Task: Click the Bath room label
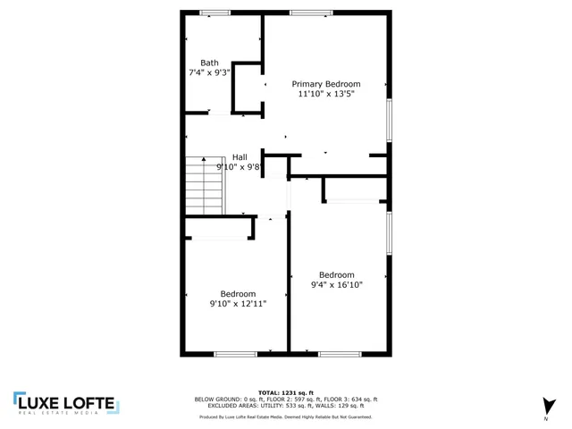[209, 63]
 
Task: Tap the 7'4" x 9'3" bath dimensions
[209, 72]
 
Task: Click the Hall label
[240, 156]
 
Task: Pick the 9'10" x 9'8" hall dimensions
[238, 166]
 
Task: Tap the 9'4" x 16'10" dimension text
[337, 285]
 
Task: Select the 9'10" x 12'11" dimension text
[238, 303]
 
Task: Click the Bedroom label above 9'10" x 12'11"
[239, 293]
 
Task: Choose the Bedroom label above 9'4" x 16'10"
[337, 274]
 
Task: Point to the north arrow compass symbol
[546, 405]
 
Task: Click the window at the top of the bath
[214, 13]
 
